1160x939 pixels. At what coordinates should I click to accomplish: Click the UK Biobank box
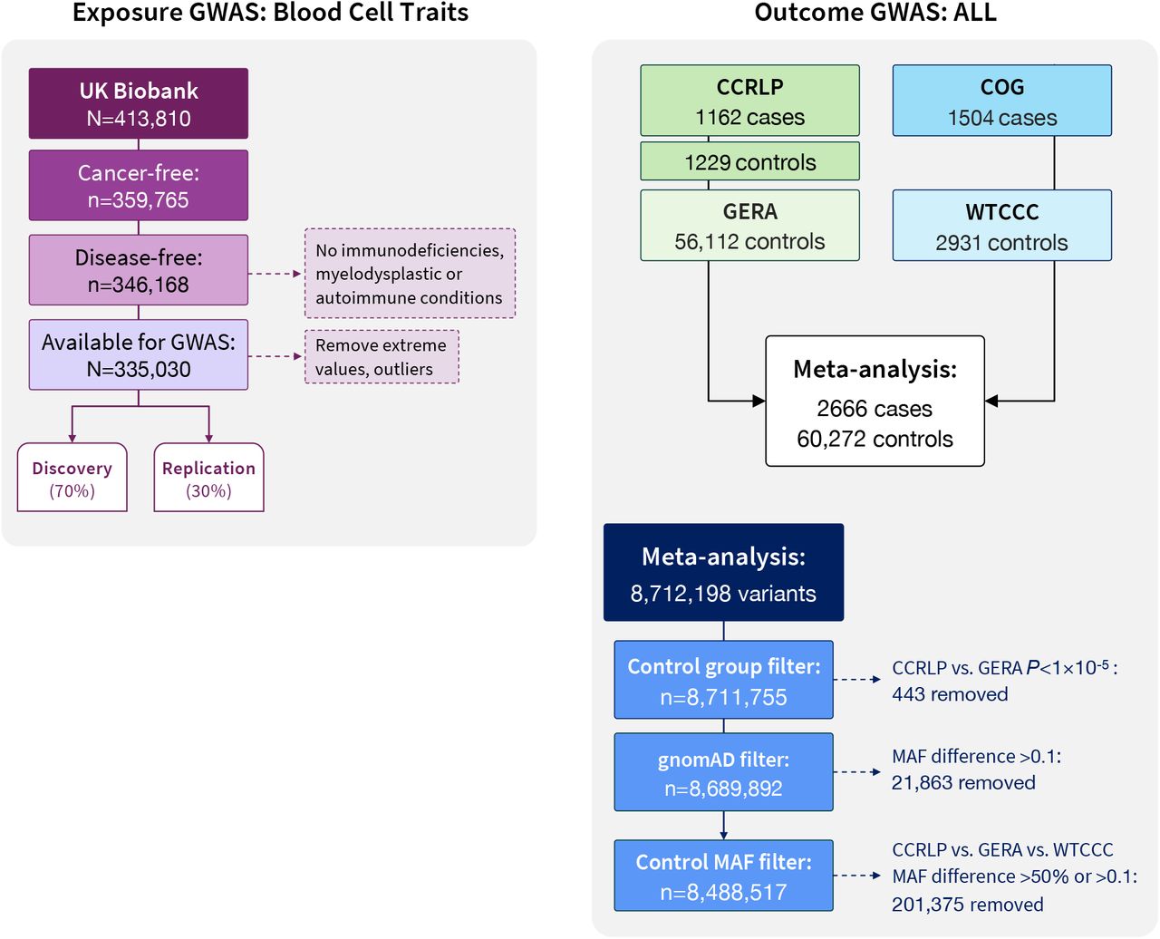pos(139,103)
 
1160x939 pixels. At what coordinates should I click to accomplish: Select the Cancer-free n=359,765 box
pos(139,185)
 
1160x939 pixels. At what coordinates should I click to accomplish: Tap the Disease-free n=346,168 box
pos(139,269)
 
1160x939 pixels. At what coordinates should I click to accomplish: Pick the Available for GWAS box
pos(139,354)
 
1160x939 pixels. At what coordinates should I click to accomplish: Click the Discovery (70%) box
pos(72,477)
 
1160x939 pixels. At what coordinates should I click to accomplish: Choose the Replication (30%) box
pos(208,477)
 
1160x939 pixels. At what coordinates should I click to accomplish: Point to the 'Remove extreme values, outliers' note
pos(382,357)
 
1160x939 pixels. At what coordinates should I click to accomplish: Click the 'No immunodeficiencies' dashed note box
pos(411,274)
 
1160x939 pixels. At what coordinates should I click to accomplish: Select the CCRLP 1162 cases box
pos(749,101)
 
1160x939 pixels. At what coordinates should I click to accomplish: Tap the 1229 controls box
pos(749,161)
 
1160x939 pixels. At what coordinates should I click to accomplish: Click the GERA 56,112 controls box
pos(749,226)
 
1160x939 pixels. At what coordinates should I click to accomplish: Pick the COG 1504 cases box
pos(1002,101)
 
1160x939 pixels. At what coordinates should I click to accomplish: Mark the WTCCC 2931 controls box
pos(1002,226)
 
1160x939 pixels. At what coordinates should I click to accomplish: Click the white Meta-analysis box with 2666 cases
pos(875,401)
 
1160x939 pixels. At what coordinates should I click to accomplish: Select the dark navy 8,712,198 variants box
pos(723,573)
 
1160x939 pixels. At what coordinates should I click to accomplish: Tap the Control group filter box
pos(723,680)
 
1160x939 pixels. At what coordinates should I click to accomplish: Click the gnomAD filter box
pos(723,772)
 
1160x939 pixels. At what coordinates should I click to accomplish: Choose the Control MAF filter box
pos(723,876)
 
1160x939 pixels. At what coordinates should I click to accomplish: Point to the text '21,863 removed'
pos(962,783)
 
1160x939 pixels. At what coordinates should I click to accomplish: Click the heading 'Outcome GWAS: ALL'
pos(875,12)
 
